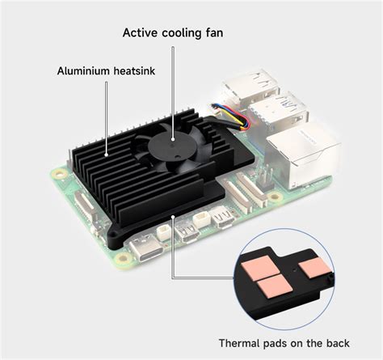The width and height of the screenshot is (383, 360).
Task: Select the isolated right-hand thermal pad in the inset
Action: [x=311, y=267]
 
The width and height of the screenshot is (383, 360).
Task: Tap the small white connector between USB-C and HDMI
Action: [x=164, y=234]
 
